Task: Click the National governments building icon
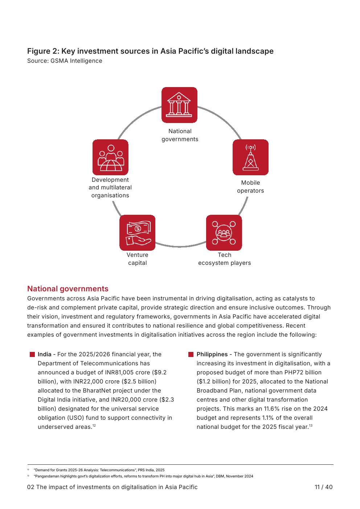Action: [x=179, y=105]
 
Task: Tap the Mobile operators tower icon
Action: [x=250, y=157]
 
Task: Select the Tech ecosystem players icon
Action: [x=224, y=233]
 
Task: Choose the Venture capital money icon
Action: [x=137, y=233]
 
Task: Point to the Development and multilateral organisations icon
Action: [x=110, y=157]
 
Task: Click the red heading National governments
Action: [x=68, y=289]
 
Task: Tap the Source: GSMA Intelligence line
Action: [x=65, y=61]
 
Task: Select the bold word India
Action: [x=44, y=354]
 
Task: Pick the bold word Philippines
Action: [x=212, y=354]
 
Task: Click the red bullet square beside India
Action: [x=32, y=354]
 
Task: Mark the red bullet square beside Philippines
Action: [x=191, y=354]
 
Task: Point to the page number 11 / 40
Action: [x=323, y=487]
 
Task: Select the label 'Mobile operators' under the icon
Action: [x=250, y=187]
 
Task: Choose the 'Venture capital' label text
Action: [x=137, y=259]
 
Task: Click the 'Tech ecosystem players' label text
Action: [x=224, y=259]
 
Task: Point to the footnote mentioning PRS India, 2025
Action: [x=99, y=470]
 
